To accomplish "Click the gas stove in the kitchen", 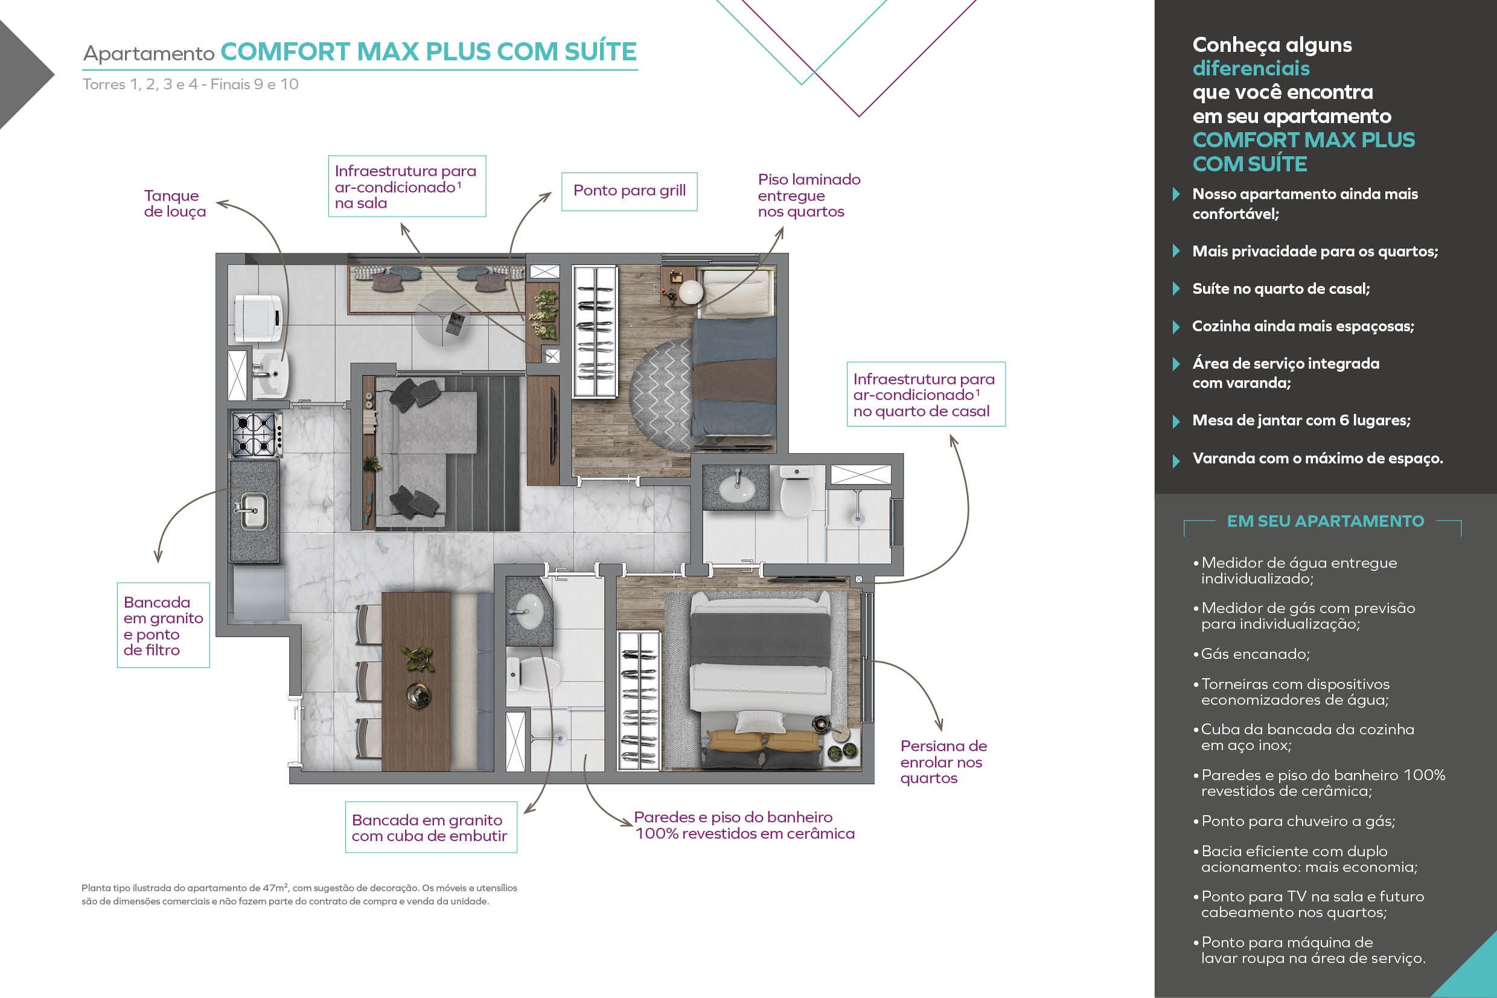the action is (257, 434).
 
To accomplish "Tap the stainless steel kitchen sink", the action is (253, 510).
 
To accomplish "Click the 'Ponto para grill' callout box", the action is (629, 191).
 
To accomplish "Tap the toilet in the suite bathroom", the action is (796, 491).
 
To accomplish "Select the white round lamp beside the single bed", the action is (691, 292).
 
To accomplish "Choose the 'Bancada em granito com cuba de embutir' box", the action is (430, 827).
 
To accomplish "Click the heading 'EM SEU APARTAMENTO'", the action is (1325, 521).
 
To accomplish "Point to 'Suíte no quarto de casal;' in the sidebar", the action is (1280, 289).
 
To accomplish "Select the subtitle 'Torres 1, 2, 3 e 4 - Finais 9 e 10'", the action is (190, 84).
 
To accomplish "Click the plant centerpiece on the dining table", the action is (417, 658).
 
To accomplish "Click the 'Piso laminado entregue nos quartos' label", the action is (809, 195).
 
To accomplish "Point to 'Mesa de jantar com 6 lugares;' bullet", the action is (1301, 421).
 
